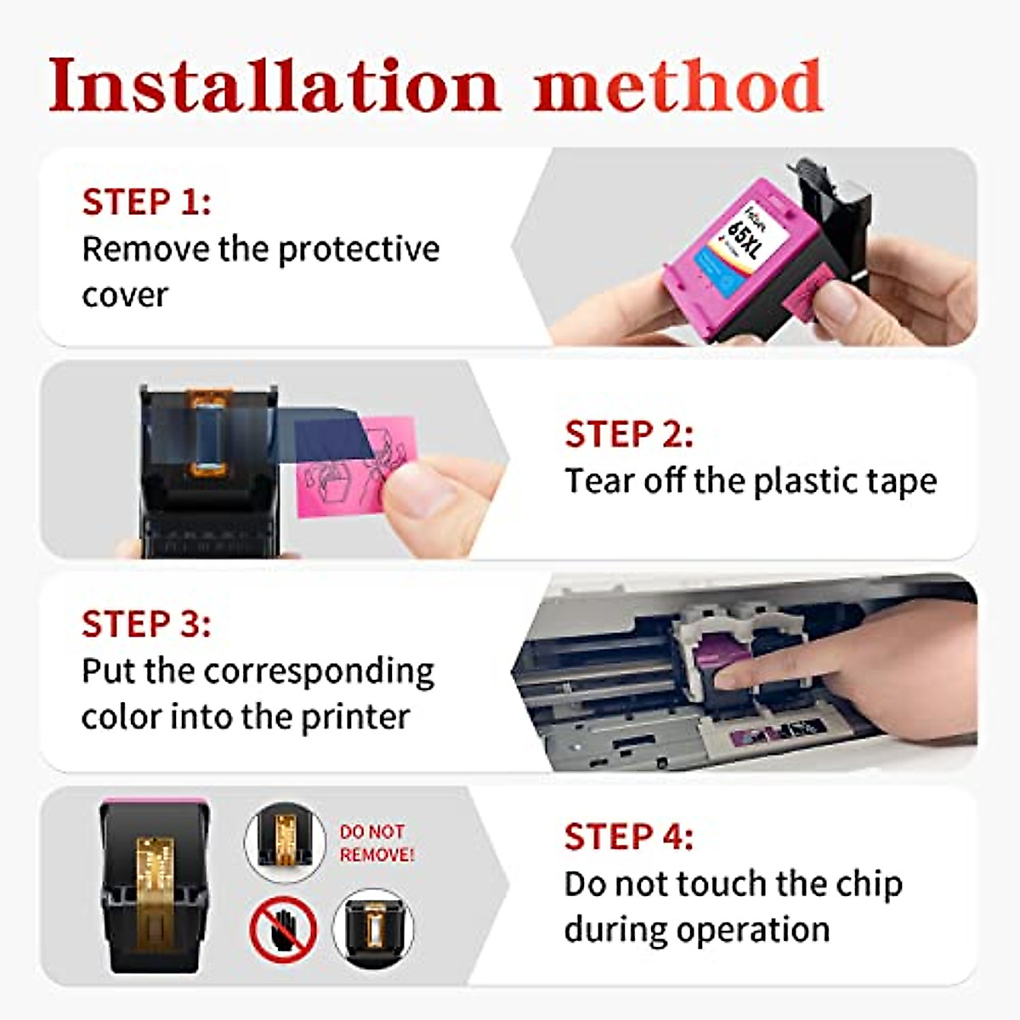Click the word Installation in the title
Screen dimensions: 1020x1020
(274, 86)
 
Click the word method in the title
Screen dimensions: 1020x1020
(678, 86)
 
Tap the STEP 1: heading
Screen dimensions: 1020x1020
(146, 202)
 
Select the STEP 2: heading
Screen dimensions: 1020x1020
(629, 434)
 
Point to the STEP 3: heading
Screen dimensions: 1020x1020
(146, 625)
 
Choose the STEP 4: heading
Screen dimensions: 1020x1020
(629, 837)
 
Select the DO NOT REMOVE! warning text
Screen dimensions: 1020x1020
(376, 843)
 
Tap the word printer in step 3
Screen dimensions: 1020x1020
(357, 717)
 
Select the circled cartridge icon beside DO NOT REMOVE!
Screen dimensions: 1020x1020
(285, 841)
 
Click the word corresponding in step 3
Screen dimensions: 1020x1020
(319, 671)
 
